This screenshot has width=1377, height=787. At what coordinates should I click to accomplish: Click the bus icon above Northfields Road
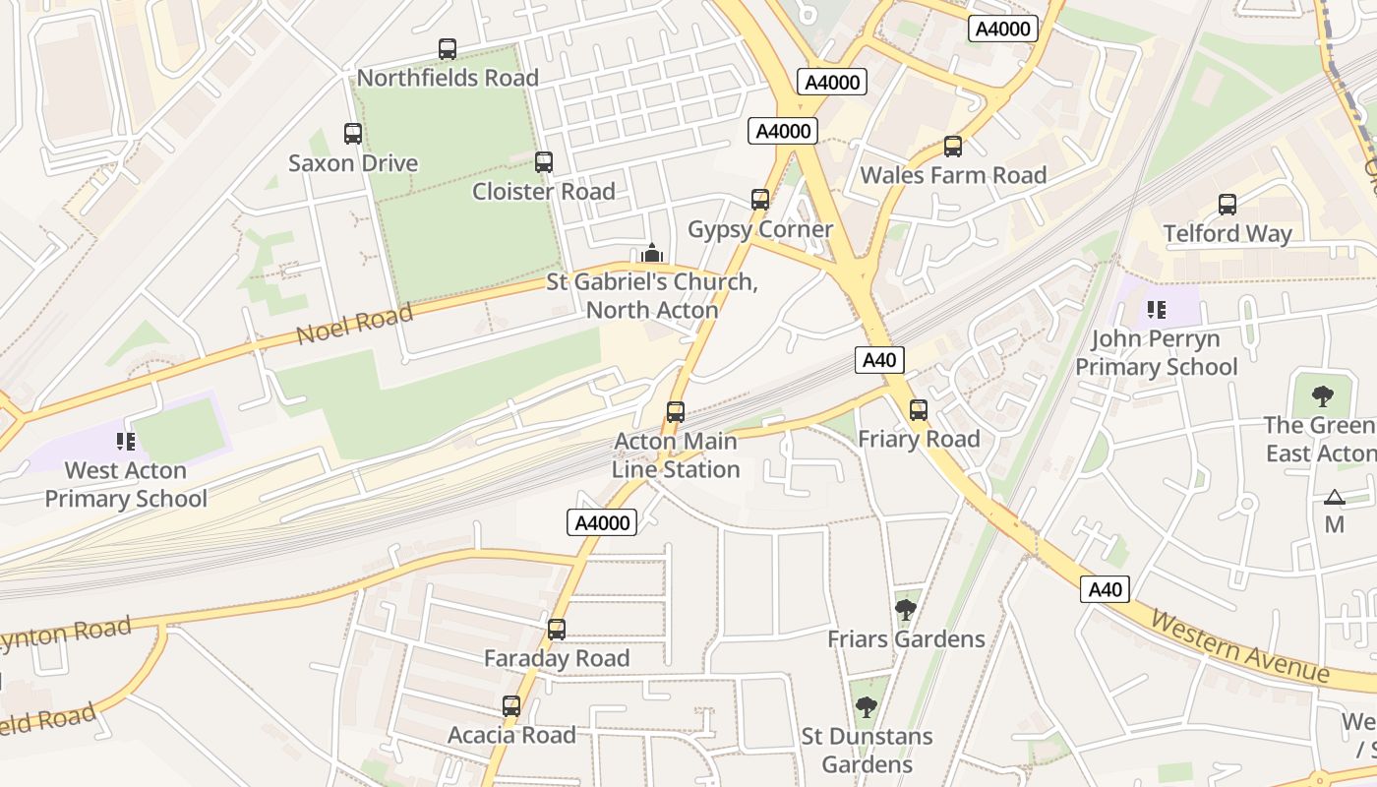[x=448, y=49]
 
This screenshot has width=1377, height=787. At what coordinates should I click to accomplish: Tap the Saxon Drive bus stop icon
[x=353, y=134]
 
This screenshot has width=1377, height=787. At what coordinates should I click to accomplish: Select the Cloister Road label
[x=543, y=191]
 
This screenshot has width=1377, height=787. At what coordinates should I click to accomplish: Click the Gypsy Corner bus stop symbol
[x=760, y=200]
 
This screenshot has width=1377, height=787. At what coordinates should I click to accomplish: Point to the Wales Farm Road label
[x=953, y=175]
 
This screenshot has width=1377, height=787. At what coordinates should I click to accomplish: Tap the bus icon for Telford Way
[x=1227, y=205]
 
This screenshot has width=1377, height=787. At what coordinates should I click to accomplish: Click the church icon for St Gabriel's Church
[x=651, y=254]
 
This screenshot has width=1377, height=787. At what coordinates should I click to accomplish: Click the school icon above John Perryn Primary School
[x=1156, y=311]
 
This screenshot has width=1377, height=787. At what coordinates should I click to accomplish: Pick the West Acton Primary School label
[x=126, y=484]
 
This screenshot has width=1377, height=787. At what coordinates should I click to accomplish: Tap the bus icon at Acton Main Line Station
[x=676, y=412]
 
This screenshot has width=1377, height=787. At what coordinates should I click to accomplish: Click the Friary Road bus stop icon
[x=919, y=410]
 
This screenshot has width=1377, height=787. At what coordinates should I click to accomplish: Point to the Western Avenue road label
[x=1239, y=647]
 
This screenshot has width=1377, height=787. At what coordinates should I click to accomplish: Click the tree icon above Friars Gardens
[x=906, y=610]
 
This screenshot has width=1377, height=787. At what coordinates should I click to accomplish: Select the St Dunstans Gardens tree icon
[x=866, y=706]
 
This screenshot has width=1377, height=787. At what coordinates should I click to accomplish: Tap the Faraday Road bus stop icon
[x=557, y=630]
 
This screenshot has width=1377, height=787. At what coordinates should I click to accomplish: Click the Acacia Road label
[x=511, y=735]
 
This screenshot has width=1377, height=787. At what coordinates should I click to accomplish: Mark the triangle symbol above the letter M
[x=1334, y=498]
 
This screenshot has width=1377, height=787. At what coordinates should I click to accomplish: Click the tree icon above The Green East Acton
[x=1323, y=396]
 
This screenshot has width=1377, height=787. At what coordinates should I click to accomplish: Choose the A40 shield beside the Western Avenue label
[x=1105, y=589]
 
